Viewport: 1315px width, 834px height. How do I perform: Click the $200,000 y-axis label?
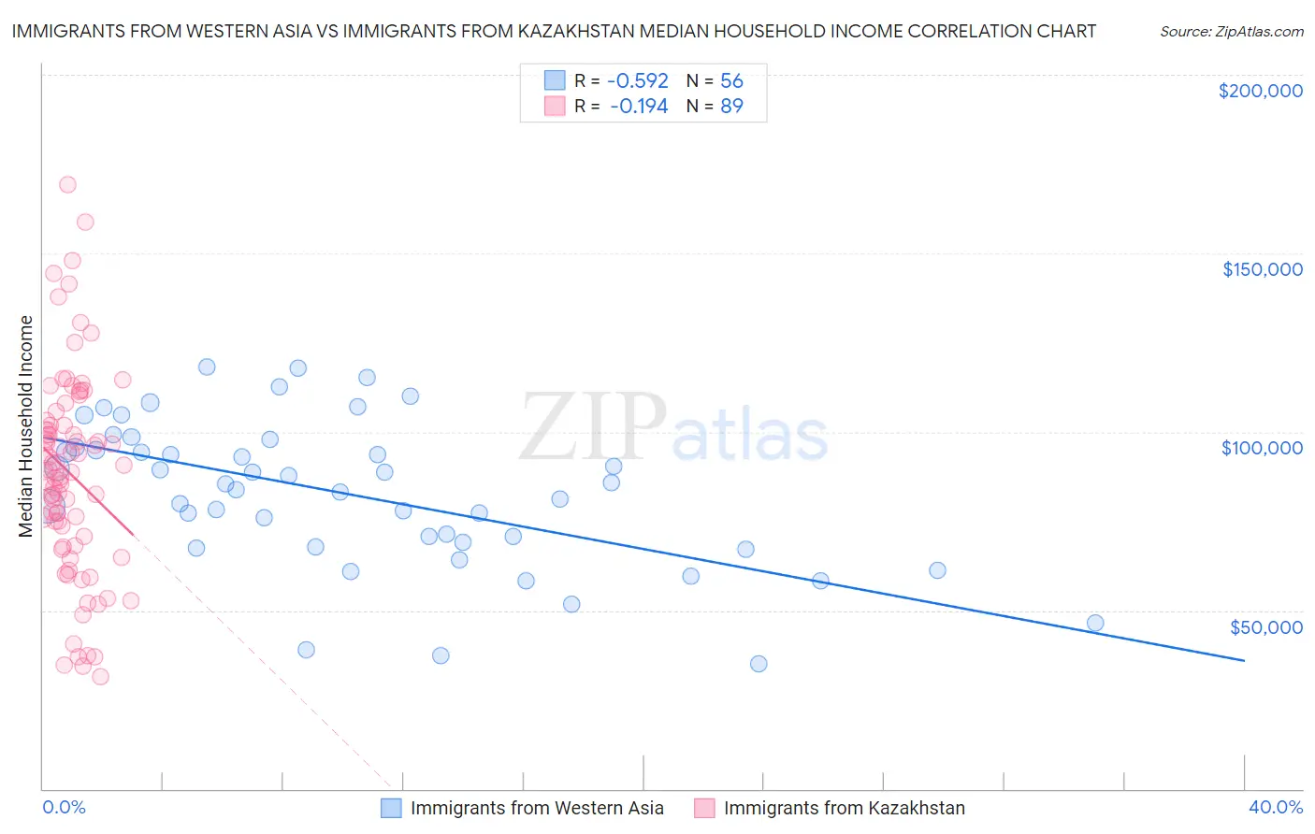(x=1260, y=91)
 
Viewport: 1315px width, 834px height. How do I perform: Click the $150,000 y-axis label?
(x=1262, y=269)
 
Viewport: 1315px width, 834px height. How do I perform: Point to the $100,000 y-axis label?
(x=1262, y=448)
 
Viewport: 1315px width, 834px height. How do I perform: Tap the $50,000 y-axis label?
(x=1265, y=626)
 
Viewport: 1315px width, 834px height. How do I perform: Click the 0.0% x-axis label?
(x=64, y=807)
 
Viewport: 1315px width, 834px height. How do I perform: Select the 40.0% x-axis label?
(x=1275, y=807)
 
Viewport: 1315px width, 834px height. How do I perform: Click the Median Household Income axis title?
(x=26, y=426)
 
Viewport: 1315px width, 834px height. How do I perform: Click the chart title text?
(x=554, y=31)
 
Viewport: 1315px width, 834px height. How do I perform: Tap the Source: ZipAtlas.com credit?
(x=1231, y=32)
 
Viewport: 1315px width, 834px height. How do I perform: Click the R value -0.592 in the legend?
(x=638, y=81)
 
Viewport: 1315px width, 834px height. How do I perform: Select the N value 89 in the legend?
(x=731, y=107)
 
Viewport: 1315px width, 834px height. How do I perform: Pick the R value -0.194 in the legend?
(x=638, y=107)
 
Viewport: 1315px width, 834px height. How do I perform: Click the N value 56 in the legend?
(x=731, y=81)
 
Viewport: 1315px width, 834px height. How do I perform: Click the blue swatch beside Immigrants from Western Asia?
(x=391, y=808)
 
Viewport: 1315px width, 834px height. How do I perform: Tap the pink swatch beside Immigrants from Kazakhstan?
(x=704, y=808)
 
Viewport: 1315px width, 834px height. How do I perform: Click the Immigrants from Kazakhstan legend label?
(x=844, y=808)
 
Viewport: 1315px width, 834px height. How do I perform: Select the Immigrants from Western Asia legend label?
(x=537, y=808)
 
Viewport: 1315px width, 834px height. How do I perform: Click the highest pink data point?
(x=67, y=185)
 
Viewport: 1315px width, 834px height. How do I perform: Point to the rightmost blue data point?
(x=1095, y=624)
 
